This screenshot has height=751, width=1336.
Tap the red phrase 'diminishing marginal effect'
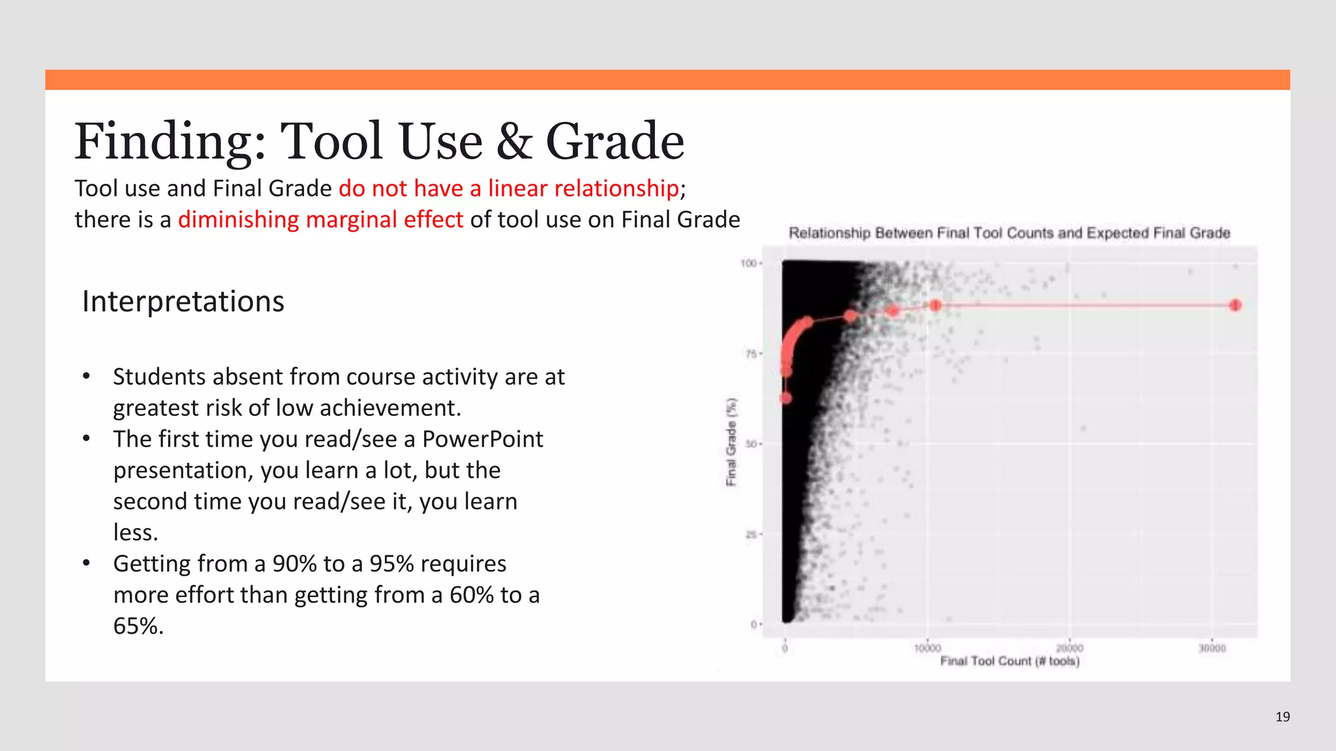tap(320, 220)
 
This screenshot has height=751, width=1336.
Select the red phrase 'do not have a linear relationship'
tap(509, 188)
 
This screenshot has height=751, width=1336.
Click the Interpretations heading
tap(183, 301)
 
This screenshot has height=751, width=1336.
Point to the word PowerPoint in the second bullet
tap(482, 439)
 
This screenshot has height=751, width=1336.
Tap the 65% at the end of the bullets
tap(138, 626)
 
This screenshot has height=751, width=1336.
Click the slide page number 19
tap(1283, 717)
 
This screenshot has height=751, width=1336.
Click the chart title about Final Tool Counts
tap(1009, 233)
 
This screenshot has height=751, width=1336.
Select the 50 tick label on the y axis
tap(750, 444)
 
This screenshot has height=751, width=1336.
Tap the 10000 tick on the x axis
tap(927, 648)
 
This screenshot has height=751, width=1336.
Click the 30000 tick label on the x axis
tap(1212, 648)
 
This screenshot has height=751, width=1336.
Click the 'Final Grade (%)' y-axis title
tap(732, 442)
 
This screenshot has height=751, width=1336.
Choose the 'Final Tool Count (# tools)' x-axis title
tap(1009, 661)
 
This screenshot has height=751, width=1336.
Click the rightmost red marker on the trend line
tap(1235, 305)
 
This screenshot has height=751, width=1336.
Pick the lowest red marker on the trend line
tap(785, 398)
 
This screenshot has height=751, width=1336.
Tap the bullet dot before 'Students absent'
tap(86, 377)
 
